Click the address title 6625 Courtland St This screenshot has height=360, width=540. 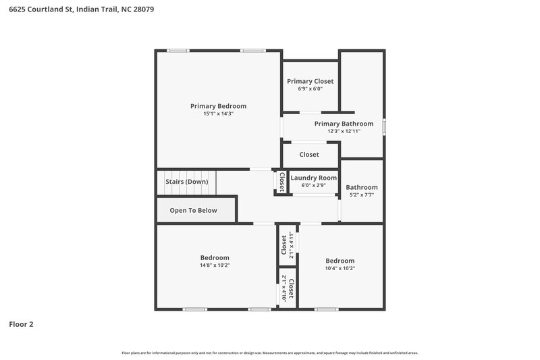[x=82, y=10]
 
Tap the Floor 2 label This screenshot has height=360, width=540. [x=21, y=324]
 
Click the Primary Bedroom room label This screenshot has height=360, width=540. [x=218, y=106]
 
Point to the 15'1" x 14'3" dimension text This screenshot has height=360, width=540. [x=218, y=114]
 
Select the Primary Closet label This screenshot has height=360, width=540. [x=310, y=81]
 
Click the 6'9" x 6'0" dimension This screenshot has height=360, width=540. [x=310, y=88]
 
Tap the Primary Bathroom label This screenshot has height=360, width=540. [x=344, y=124]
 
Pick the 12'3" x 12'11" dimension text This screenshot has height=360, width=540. [x=344, y=131]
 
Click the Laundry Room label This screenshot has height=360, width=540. [x=313, y=178]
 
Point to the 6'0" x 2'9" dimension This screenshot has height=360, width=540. [x=313, y=185]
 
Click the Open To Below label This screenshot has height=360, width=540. [x=193, y=210]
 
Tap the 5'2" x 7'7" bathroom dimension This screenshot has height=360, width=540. [x=362, y=195]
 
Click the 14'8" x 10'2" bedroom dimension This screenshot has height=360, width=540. [x=215, y=265]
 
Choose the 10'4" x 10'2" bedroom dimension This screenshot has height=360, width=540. [x=340, y=268]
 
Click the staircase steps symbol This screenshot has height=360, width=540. [x=202, y=182]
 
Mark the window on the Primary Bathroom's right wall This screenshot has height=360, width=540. [x=384, y=126]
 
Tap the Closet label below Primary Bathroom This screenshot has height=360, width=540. [x=309, y=155]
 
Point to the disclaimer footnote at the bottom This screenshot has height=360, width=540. [x=269, y=353]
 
